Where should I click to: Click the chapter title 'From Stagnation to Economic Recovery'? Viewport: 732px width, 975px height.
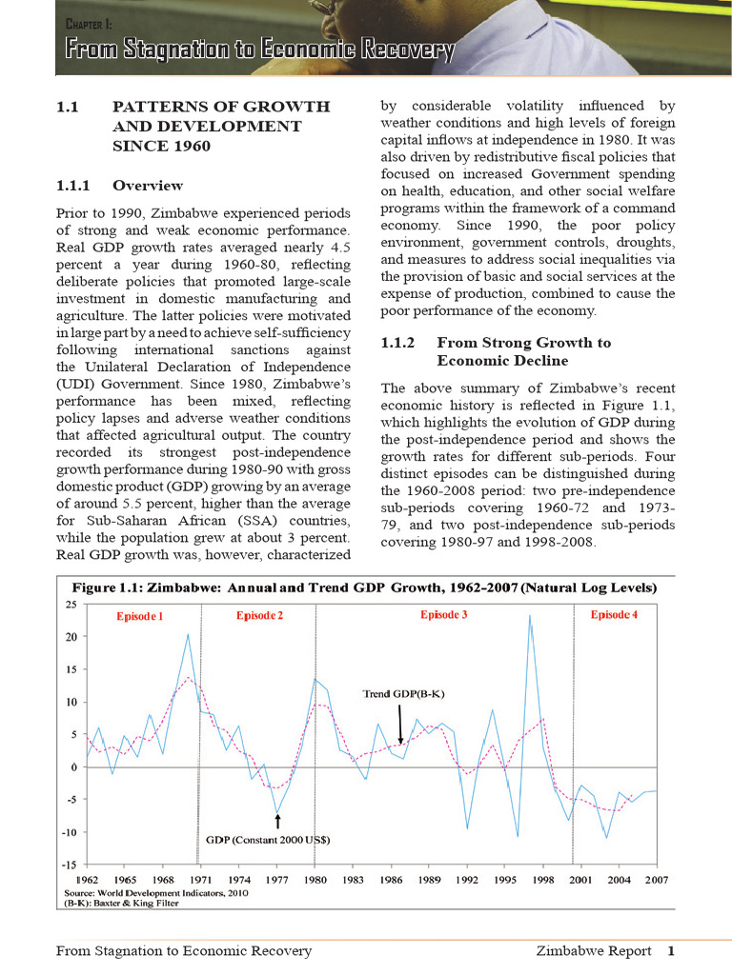tap(258, 50)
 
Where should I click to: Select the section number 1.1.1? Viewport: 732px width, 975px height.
tap(76, 186)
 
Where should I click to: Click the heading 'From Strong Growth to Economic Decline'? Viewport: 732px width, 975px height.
tap(522, 351)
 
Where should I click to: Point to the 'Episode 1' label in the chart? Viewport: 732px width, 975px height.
tap(140, 616)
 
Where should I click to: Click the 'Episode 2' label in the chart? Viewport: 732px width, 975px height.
tap(259, 615)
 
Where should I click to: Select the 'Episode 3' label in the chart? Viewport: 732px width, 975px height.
tap(443, 615)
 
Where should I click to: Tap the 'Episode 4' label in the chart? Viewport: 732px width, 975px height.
tap(614, 615)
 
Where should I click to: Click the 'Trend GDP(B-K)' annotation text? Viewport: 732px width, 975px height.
tap(404, 694)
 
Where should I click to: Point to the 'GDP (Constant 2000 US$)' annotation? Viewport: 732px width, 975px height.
tap(269, 840)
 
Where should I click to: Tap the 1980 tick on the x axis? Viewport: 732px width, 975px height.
tap(315, 879)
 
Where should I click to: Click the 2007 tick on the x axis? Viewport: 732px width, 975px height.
tap(656, 879)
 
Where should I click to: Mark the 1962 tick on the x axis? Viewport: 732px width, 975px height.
tap(87, 879)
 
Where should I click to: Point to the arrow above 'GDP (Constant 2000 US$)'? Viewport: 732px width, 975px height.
tap(277, 821)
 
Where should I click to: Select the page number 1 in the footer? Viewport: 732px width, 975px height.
tap(671, 950)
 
